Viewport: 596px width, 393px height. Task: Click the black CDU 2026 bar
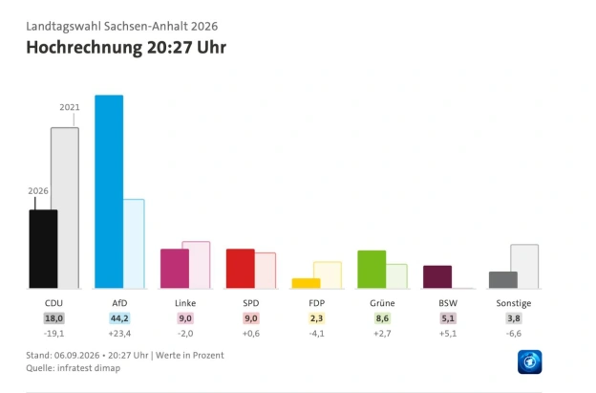(43, 249)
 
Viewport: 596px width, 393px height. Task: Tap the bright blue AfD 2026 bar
(109, 191)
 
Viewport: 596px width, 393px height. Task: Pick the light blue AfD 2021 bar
(134, 244)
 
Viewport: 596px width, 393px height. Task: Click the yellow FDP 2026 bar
(306, 283)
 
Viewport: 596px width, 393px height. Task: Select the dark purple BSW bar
(437, 276)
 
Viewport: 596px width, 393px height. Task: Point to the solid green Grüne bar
(372, 269)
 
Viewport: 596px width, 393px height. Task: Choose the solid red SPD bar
(241, 268)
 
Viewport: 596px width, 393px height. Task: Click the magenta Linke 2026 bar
(175, 268)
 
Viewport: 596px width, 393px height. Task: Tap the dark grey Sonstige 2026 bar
(503, 279)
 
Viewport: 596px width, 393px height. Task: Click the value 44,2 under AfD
(119, 318)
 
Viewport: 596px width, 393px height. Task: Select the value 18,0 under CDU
(54, 318)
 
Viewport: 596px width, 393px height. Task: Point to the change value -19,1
(54, 334)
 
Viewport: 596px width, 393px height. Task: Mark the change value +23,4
(119, 334)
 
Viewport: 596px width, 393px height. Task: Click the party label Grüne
(382, 303)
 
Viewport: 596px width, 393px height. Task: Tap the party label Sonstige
(514, 303)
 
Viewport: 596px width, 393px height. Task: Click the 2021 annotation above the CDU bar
(70, 107)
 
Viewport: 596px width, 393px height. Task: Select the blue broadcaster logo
(529, 361)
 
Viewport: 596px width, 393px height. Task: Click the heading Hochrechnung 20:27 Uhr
(126, 48)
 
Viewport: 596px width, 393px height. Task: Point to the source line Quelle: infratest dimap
(73, 368)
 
